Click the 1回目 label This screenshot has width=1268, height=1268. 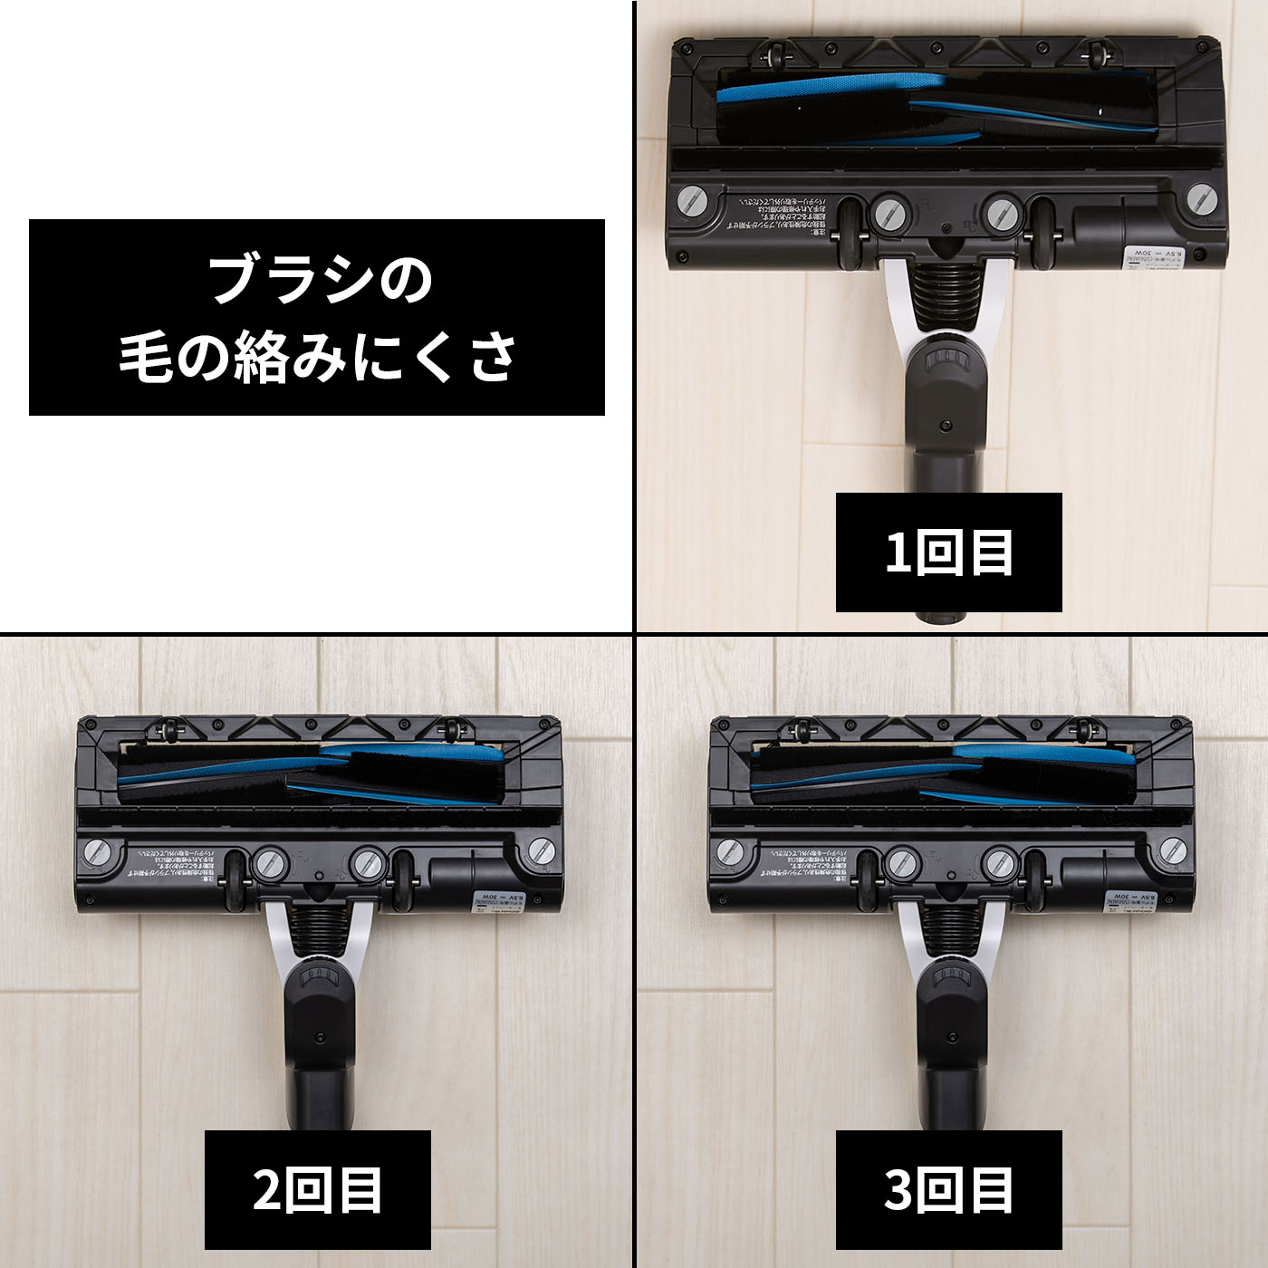tap(948, 552)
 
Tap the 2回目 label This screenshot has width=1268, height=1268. tap(317, 1189)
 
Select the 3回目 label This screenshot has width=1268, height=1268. tap(948, 1189)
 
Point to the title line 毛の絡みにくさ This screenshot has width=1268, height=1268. tap(317, 356)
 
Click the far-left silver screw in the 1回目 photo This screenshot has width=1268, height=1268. tap(691, 201)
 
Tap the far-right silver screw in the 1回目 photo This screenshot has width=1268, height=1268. tap(1201, 199)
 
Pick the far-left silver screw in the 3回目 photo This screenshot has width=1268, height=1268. tap(729, 853)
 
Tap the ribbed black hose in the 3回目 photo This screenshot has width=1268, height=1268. tap(951, 933)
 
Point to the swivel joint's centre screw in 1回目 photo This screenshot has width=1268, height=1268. tap(946, 424)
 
